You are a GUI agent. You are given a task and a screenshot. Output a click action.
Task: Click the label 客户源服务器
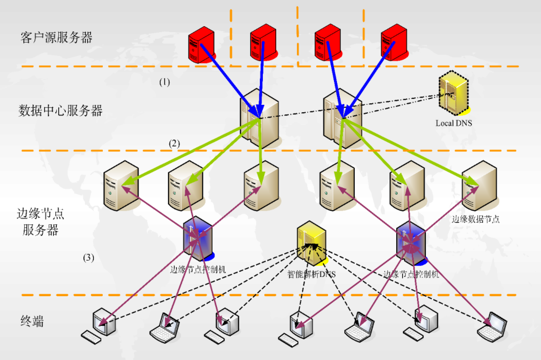click(x=56, y=37)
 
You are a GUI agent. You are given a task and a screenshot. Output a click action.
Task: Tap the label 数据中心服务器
click(x=60, y=110)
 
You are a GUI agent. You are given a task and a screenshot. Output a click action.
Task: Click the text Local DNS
click(x=453, y=123)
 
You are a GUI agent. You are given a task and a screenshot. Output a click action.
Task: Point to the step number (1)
click(x=164, y=83)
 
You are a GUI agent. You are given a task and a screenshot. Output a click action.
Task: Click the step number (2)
click(x=174, y=144)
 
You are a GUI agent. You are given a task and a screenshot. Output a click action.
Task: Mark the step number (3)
click(x=88, y=258)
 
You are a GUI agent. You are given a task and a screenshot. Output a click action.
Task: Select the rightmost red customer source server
click(x=394, y=44)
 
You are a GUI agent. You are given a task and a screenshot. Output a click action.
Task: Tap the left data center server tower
click(x=258, y=118)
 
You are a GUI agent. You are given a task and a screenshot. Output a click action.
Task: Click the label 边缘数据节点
click(x=475, y=219)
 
